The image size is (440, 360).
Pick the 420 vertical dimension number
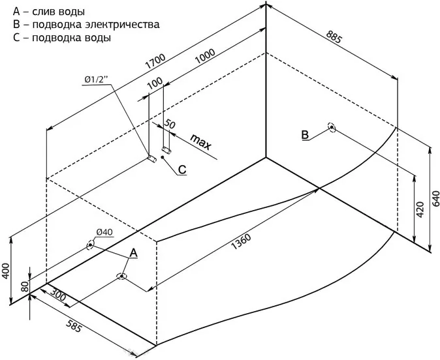[x=420, y=209]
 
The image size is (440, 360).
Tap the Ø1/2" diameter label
[x=96, y=80]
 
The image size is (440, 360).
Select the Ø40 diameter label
[x=105, y=232]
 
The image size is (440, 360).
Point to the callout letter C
[x=182, y=170]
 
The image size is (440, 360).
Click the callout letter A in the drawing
[x=133, y=252]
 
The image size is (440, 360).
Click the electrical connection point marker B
[x=332, y=128]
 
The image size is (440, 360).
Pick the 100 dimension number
[x=155, y=83]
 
